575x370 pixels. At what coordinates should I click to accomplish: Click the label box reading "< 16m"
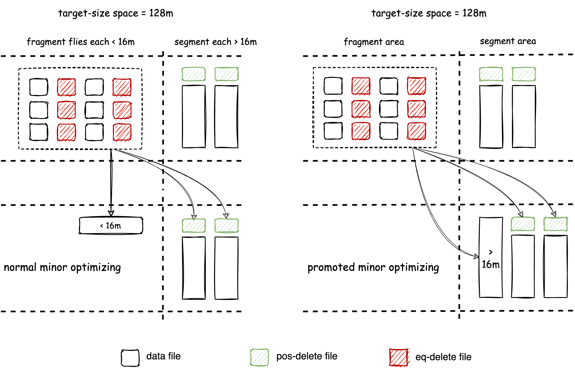click(x=111, y=226)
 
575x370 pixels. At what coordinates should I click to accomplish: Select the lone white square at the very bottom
click(x=130, y=358)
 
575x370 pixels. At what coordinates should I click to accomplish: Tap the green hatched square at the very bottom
click(x=260, y=357)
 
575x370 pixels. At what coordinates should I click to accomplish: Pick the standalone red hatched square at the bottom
click(x=399, y=357)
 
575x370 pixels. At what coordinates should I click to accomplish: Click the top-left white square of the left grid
click(x=39, y=87)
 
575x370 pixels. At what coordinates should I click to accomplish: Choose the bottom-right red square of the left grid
click(x=122, y=133)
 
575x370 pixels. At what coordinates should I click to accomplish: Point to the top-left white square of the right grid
click(x=333, y=85)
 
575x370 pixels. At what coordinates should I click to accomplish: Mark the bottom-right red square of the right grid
click(x=417, y=131)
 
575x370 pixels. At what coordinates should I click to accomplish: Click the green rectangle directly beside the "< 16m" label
click(x=194, y=226)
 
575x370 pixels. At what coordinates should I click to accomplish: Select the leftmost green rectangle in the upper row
click(x=194, y=74)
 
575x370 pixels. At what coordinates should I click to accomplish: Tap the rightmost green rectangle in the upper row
click(x=524, y=74)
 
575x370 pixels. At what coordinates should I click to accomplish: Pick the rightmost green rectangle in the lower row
click(x=556, y=224)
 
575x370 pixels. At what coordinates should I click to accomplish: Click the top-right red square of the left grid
click(x=122, y=87)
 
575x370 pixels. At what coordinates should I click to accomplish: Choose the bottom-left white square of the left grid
click(x=39, y=132)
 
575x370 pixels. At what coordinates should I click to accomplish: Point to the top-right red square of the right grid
click(x=417, y=86)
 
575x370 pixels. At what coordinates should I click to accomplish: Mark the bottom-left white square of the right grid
click(x=333, y=131)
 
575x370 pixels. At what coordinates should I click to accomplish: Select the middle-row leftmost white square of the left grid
click(x=39, y=109)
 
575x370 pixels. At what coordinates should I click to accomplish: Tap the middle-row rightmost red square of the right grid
click(x=417, y=109)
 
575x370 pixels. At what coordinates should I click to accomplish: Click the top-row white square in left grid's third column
click(x=95, y=87)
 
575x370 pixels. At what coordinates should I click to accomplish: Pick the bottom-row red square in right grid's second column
click(x=361, y=131)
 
